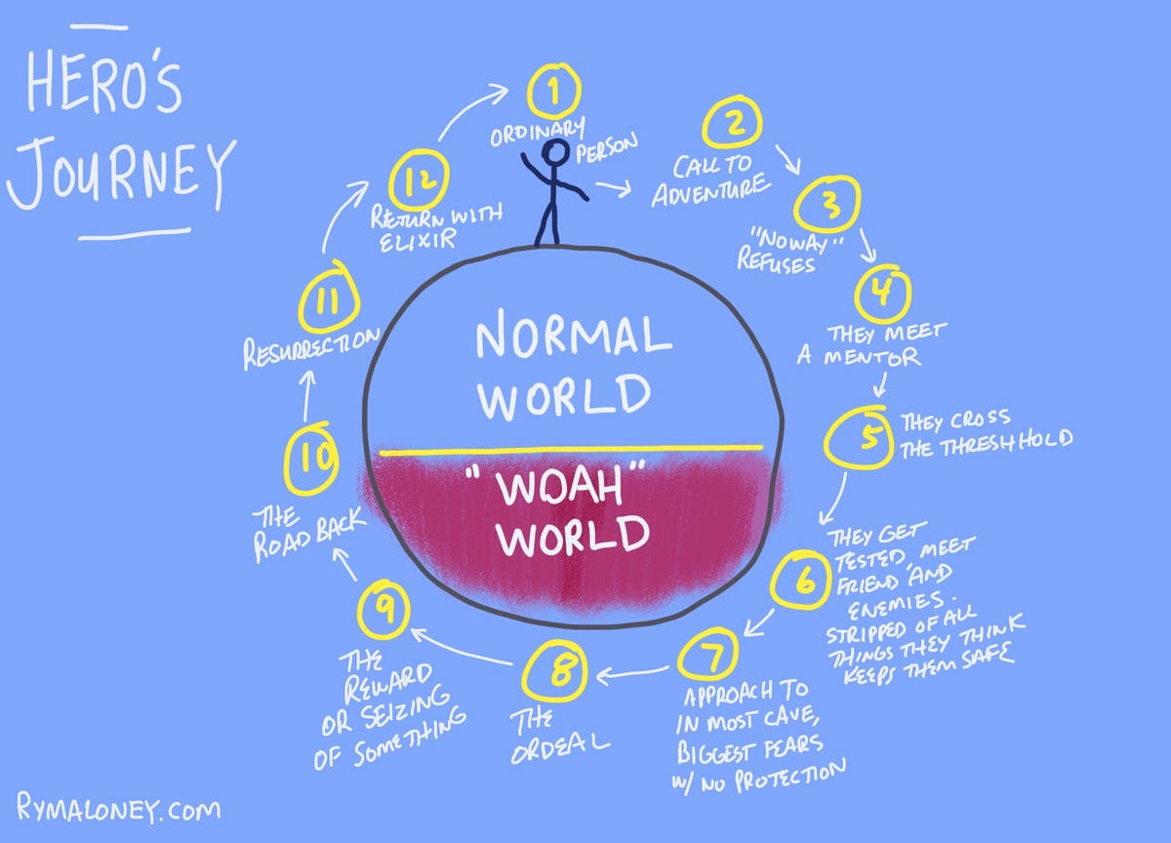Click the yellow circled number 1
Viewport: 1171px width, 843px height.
click(x=553, y=92)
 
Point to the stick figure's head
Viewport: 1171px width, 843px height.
click(x=556, y=152)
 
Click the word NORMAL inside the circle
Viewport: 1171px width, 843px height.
click(x=573, y=338)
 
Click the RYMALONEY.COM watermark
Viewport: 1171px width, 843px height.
click(x=118, y=810)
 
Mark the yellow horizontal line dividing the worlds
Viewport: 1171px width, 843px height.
click(x=571, y=451)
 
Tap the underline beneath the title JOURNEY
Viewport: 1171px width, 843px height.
click(x=136, y=234)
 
